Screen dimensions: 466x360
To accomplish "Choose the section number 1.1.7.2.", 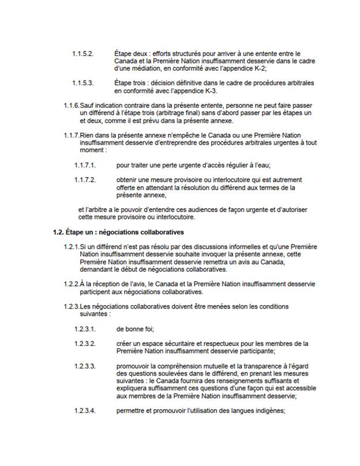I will [85, 179].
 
